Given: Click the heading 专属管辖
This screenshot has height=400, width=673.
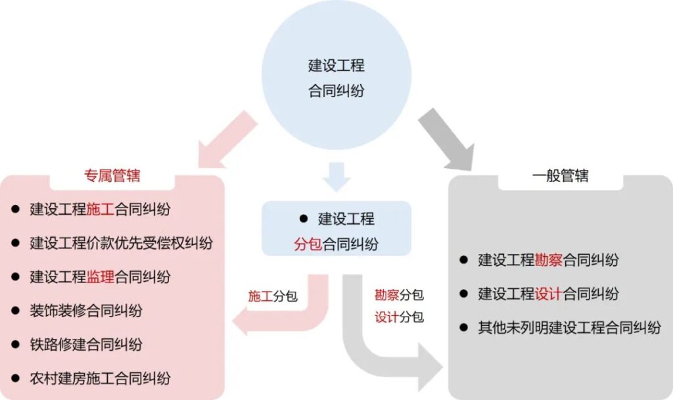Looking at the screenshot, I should (112, 175).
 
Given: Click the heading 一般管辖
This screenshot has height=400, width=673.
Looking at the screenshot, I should (560, 175).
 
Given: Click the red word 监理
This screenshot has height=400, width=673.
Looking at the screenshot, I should (101, 277).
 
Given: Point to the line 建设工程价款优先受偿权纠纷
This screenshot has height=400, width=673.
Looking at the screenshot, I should (122, 243).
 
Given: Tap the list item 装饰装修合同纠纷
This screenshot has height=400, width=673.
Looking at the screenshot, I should (86, 310).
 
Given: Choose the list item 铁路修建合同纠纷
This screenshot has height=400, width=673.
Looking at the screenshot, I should (86, 344).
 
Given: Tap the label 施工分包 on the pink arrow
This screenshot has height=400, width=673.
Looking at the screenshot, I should (272, 296).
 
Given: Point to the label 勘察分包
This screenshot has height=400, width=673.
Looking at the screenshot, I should (399, 294).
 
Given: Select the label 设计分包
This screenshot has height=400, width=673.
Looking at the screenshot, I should (399, 317).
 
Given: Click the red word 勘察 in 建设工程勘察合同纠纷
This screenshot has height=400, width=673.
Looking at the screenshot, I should (548, 260).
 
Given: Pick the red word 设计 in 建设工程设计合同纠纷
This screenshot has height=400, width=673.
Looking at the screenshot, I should (548, 294).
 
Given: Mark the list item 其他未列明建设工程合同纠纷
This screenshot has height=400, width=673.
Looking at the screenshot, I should (569, 327).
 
